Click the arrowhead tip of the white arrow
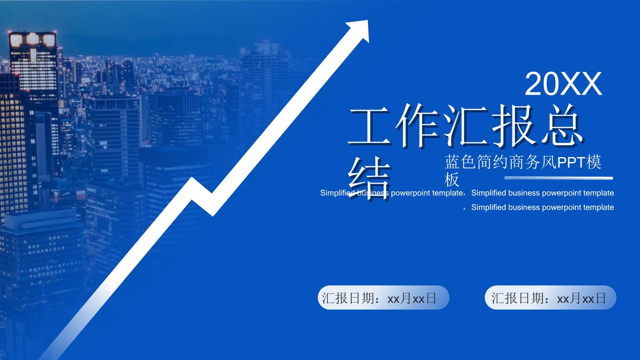tap(368, 20)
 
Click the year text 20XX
tap(563, 84)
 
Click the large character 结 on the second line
tap(369, 178)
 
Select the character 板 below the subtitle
tap(452, 180)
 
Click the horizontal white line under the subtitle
tap(559, 178)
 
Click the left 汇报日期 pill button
tap(383, 297)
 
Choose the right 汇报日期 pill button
tap(550, 297)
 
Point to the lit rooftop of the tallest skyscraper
tap(32, 40)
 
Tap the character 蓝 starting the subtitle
tap(452, 162)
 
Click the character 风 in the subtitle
tap(549, 162)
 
